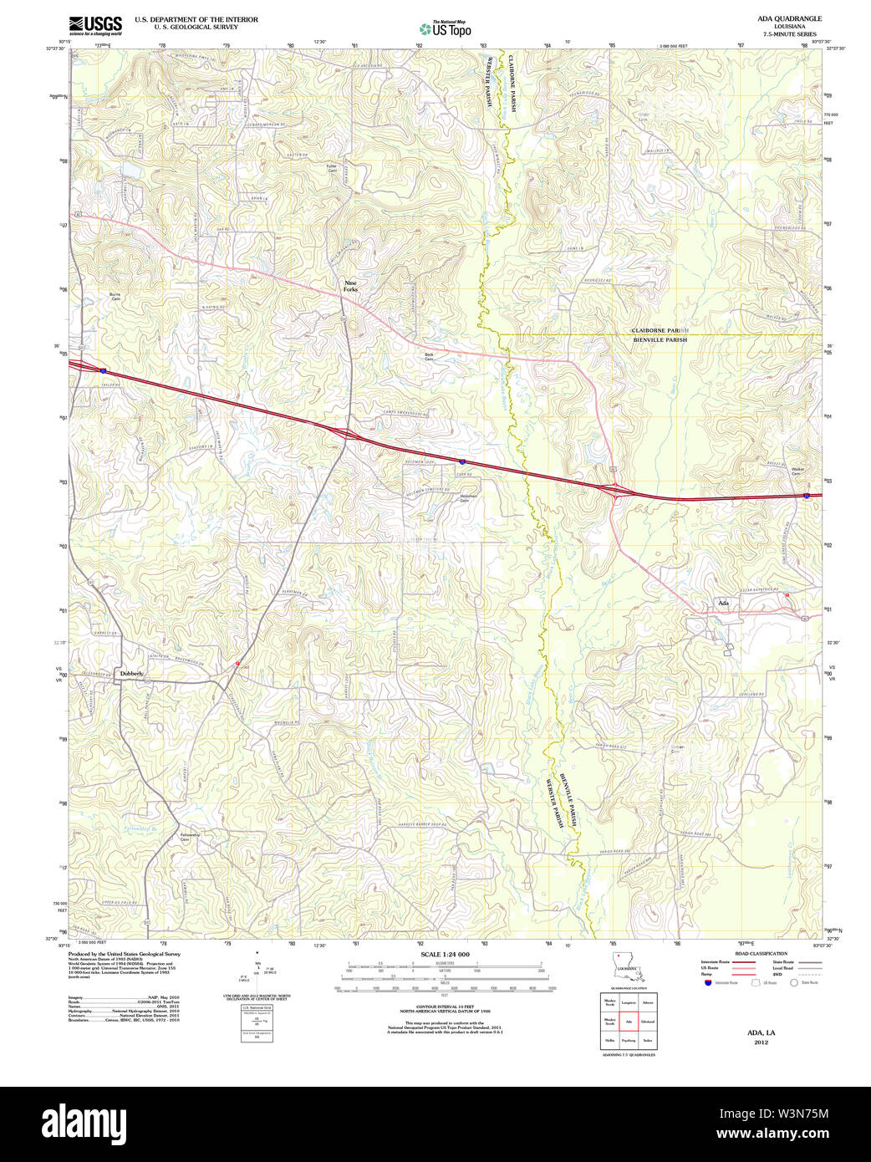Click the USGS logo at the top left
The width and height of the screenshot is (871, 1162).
coord(94,24)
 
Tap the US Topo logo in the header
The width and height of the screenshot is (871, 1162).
coord(445,29)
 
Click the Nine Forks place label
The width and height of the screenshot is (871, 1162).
coord(350,286)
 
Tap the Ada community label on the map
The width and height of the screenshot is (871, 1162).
coord(723,602)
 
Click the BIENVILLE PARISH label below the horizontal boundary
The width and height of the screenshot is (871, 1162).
coord(660,340)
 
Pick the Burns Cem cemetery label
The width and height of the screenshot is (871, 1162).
coord(115,296)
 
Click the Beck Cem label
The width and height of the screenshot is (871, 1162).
coord(429,356)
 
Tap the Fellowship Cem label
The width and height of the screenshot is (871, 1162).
coord(190,837)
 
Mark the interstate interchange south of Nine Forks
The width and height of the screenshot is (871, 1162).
coord(345,433)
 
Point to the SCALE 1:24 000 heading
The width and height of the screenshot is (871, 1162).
coord(445,954)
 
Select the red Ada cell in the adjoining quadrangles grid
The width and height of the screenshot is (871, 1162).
coord(628,1022)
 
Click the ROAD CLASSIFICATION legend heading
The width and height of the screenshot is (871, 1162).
coord(761,954)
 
